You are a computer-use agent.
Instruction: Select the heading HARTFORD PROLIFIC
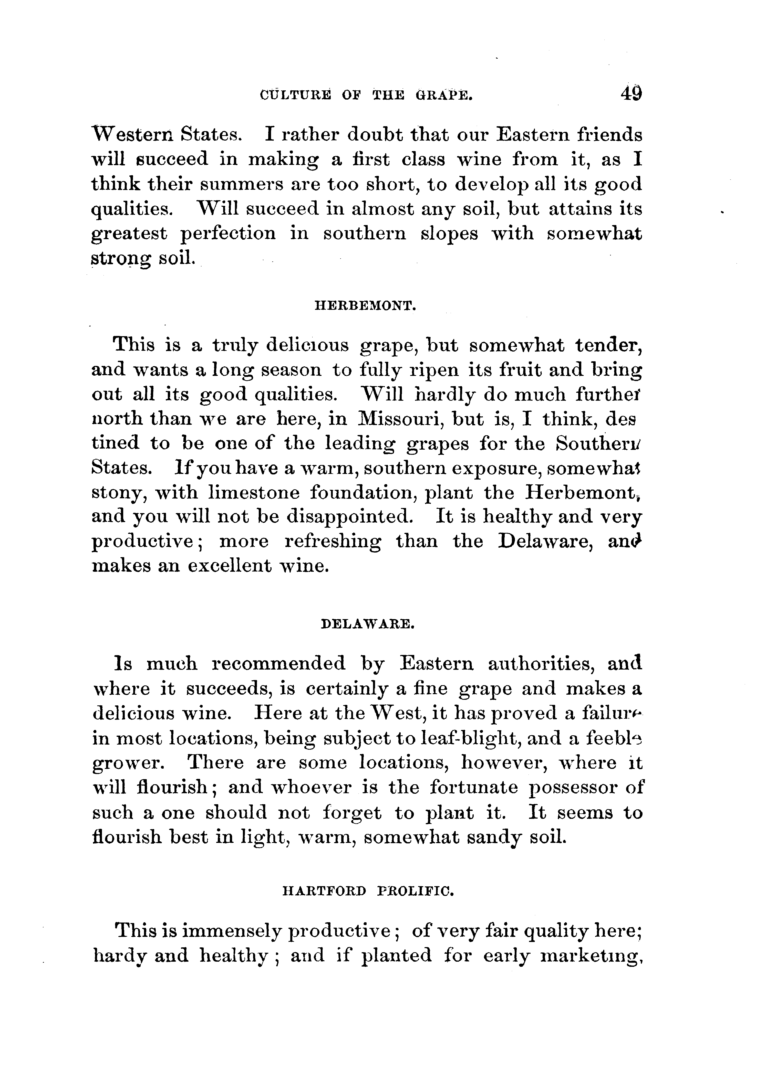click(367, 891)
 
